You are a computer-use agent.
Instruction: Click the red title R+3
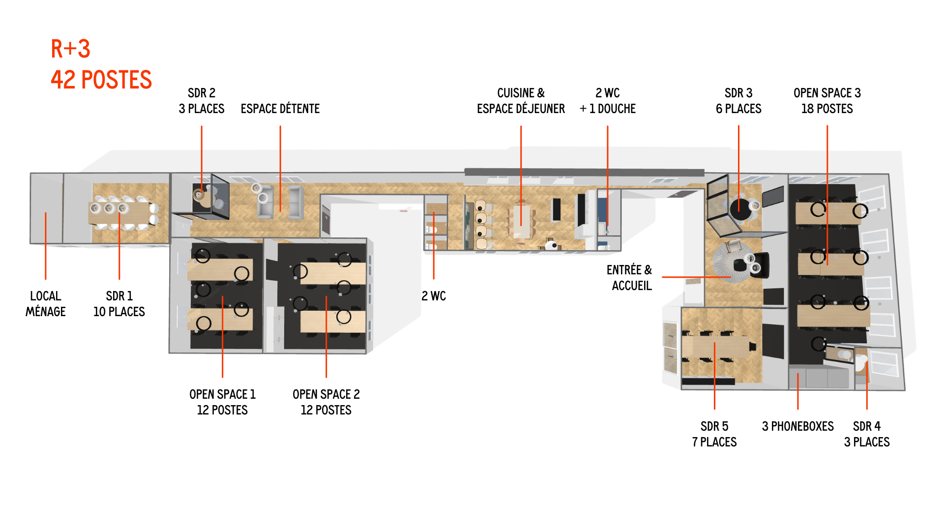tap(70, 49)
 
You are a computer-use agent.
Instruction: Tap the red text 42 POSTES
tap(101, 80)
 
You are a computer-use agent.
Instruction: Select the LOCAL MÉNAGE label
tap(45, 304)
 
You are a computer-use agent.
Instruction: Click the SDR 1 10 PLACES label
tap(119, 304)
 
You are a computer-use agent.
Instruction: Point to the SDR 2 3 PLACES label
tap(202, 101)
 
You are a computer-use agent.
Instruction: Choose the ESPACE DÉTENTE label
tap(280, 109)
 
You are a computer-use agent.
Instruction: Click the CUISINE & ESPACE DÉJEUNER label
tap(521, 101)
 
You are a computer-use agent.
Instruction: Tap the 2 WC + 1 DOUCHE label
tap(608, 101)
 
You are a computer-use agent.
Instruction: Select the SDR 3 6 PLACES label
tap(738, 101)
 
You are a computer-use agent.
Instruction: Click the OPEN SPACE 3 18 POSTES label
tap(827, 101)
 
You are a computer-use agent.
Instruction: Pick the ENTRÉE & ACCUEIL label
tap(629, 278)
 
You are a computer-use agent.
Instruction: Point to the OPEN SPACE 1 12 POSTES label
tap(222, 402)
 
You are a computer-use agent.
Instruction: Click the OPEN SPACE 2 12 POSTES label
tap(326, 402)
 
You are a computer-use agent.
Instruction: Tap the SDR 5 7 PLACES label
tap(714, 434)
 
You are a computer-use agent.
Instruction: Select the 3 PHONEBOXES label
tap(797, 426)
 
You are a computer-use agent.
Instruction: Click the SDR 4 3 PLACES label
tap(867, 434)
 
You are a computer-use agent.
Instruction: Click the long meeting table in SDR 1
tap(120, 212)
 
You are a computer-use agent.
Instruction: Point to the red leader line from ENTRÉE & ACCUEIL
tap(696, 277)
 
